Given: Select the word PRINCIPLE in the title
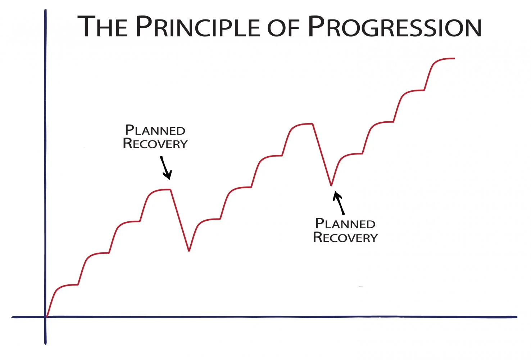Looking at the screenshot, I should click(x=198, y=27).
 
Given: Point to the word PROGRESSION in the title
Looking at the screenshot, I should click(x=395, y=27).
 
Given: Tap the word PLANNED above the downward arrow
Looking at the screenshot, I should click(x=155, y=130).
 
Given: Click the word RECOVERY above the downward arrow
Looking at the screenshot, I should click(x=155, y=144).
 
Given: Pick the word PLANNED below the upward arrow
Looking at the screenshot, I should click(x=345, y=224).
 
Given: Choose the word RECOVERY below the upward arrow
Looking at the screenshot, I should click(x=345, y=237).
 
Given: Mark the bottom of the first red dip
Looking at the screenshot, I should click(x=189, y=251).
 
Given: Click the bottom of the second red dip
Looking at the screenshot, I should click(x=331, y=185).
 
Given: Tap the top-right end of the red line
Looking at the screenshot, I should click(x=454, y=58).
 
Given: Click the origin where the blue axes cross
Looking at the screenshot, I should click(x=46, y=317).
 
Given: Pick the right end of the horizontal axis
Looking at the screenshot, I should click(x=516, y=317).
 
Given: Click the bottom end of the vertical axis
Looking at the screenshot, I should click(x=46, y=344).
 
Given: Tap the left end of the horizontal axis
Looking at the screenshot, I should click(x=13, y=317).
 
